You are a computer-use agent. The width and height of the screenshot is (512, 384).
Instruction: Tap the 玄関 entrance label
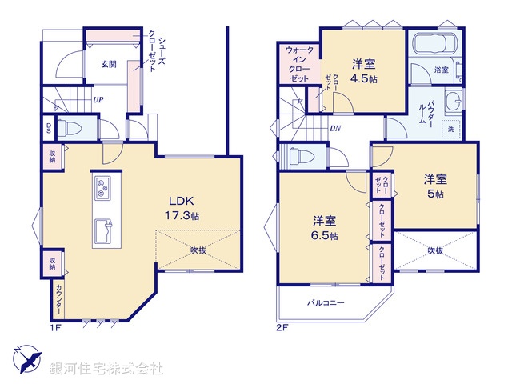[x=110, y=63]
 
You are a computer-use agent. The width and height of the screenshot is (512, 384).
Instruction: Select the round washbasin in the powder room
[x=454, y=101]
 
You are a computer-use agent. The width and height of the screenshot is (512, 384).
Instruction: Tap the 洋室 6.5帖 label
[x=325, y=227]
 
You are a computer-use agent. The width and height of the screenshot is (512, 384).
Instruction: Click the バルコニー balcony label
[x=326, y=303]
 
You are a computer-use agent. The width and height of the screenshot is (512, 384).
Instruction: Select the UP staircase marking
[x=98, y=100]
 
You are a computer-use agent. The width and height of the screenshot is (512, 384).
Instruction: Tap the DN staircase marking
[x=334, y=127]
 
